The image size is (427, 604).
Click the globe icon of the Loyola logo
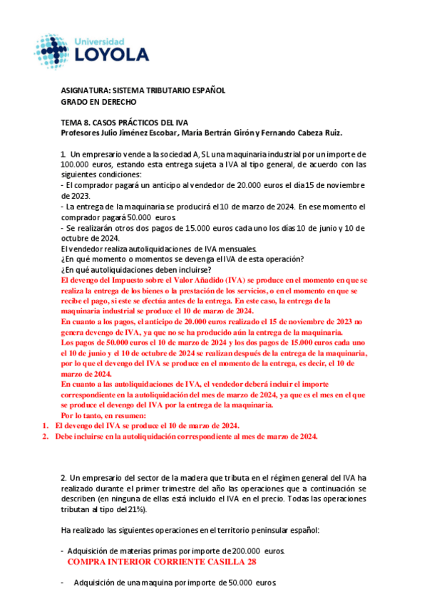(55, 48)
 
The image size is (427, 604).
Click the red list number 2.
(45, 436)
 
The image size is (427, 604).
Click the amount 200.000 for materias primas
(245, 551)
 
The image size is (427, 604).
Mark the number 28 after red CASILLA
(249, 562)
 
